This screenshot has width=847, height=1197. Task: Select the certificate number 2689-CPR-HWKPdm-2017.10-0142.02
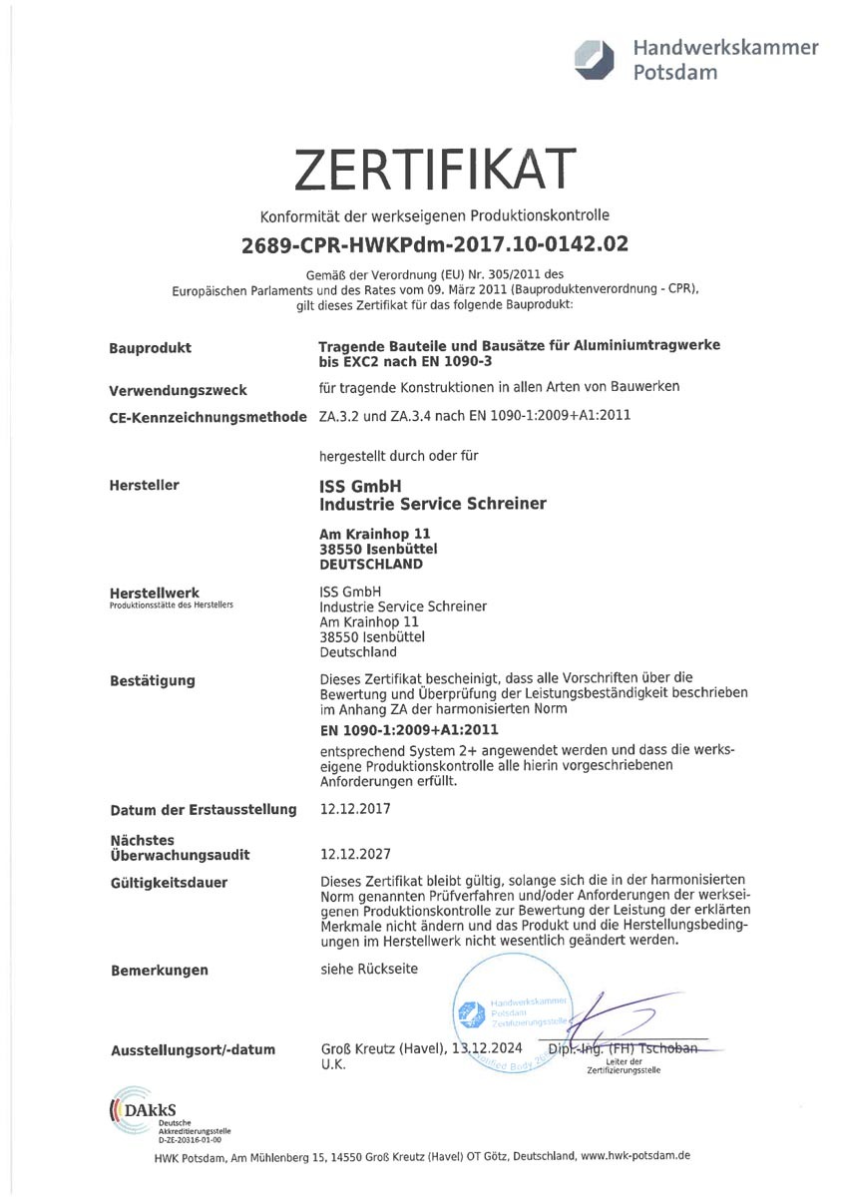coord(435,243)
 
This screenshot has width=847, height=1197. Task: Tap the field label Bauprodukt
coord(150,348)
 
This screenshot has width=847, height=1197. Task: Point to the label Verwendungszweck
coord(178,390)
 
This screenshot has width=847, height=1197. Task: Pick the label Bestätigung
coord(153,681)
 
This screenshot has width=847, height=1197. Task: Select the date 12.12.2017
coord(355,809)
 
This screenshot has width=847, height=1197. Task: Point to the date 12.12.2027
coord(355,855)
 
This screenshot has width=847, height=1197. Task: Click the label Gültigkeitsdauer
coord(169,883)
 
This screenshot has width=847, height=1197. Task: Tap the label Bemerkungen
coord(160,971)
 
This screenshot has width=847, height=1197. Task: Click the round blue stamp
coord(510,1013)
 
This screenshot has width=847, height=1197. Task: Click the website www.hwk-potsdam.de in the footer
coord(635,1155)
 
